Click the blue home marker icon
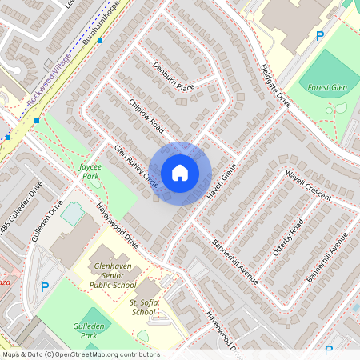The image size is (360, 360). tap(180, 173)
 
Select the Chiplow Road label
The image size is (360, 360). tap(146, 116)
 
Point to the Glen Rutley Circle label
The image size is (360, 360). tap(136, 167)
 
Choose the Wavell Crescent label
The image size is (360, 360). tap(307, 182)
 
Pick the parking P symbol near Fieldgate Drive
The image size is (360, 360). tap(320, 35)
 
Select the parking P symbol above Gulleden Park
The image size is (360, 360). tap(45, 286)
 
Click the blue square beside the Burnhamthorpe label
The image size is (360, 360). tap(99, 40)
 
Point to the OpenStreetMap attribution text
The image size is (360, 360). tap(80, 354)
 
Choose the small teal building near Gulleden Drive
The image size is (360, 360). tap(72, 213)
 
